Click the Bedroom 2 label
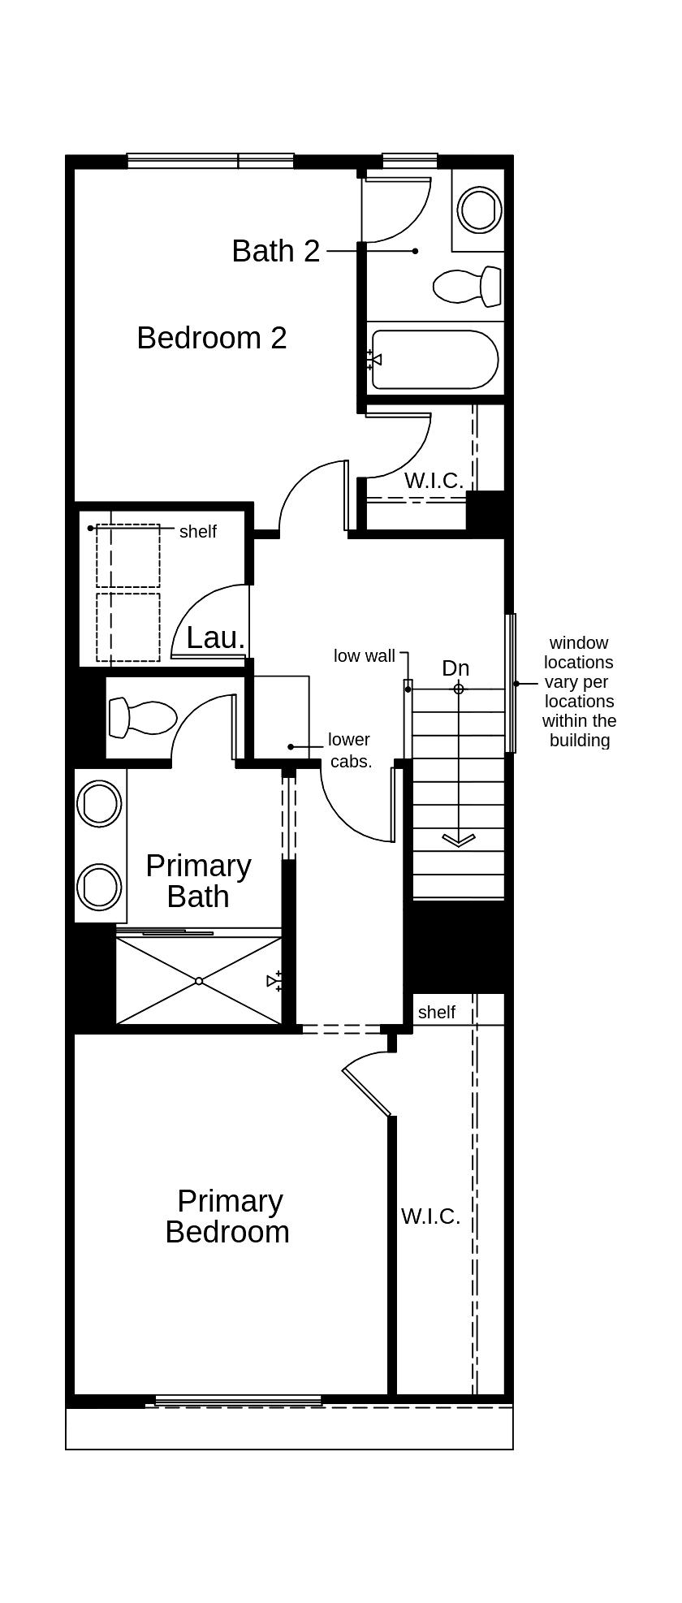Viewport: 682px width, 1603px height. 211,338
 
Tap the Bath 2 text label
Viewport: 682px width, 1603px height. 275,251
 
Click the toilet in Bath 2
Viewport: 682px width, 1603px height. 466,286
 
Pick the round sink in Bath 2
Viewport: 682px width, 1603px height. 479,210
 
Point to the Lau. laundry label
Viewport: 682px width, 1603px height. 215,638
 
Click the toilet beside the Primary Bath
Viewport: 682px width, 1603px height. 143,717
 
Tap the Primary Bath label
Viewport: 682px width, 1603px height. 198,881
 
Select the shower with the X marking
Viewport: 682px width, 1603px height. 199,981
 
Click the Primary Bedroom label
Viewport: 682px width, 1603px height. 227,1216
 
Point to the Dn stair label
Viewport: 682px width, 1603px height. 455,668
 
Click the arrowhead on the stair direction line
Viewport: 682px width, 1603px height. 459,840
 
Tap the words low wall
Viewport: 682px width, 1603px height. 364,656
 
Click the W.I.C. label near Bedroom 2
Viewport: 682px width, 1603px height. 434,481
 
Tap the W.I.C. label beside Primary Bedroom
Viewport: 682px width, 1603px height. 430,1216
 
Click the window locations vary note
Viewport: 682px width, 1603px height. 579,692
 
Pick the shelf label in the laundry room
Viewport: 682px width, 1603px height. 197,532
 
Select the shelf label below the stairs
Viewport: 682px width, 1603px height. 436,1013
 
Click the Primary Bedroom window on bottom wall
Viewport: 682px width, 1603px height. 238,1400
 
